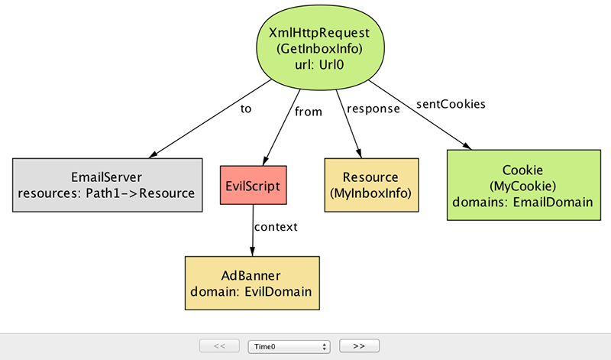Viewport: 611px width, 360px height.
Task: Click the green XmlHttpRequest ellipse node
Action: pos(320,47)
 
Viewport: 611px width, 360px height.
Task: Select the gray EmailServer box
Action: pos(107,185)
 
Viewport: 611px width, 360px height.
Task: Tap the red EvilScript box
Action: pos(254,185)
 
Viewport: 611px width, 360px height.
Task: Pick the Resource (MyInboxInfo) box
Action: pos(371,185)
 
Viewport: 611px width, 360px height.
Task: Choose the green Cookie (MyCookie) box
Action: pos(524,185)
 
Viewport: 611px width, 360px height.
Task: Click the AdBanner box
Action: pos(252,283)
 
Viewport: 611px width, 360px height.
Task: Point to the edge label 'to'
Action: pos(246,109)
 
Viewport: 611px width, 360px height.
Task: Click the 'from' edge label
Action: pos(309,112)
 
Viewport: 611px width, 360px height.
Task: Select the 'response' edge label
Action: pos(373,109)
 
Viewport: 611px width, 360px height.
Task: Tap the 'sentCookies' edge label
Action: pos(451,104)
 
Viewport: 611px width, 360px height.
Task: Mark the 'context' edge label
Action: pos(276,227)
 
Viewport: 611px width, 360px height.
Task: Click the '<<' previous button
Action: pos(219,346)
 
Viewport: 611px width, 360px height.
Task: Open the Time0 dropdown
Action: pos(289,346)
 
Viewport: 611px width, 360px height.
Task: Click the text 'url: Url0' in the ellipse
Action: pos(319,65)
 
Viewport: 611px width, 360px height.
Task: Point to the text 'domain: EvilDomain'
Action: pos(251,292)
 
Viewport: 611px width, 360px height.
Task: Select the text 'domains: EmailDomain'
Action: pos(522,202)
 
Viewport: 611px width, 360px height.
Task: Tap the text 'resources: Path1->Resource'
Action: pos(106,193)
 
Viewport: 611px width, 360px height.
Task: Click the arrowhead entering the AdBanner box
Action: pos(252,251)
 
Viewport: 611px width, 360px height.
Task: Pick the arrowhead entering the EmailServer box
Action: pos(154,155)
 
